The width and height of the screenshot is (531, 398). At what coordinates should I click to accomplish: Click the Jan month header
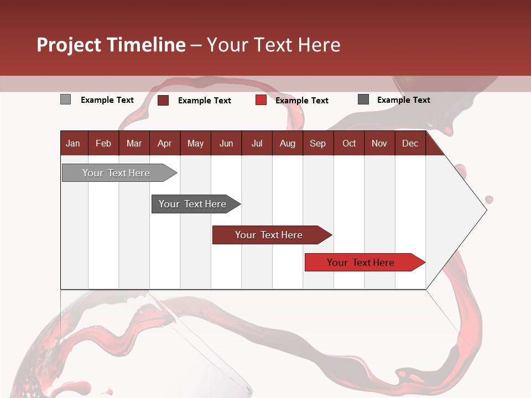[x=73, y=144]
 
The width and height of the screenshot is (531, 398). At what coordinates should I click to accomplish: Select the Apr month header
[x=164, y=144]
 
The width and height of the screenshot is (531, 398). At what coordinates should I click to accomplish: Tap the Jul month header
[x=257, y=144]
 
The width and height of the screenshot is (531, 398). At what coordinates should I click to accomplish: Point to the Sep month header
[x=317, y=144]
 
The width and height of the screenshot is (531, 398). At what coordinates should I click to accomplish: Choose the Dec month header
[x=410, y=144]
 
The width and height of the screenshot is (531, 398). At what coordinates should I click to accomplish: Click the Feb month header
[x=103, y=144]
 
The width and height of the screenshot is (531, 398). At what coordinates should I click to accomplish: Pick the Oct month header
[x=349, y=144]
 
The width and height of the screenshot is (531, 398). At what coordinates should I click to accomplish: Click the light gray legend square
[x=65, y=99]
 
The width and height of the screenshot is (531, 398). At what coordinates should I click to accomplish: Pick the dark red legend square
[x=163, y=100]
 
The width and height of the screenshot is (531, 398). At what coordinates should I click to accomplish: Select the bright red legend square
[x=261, y=100]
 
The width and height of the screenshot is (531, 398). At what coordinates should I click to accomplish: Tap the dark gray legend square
[x=363, y=99]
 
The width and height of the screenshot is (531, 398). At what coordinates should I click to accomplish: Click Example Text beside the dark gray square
[x=403, y=100]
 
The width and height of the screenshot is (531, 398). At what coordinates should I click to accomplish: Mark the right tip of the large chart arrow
[x=486, y=210]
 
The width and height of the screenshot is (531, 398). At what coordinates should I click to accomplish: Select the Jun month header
[x=226, y=144]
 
